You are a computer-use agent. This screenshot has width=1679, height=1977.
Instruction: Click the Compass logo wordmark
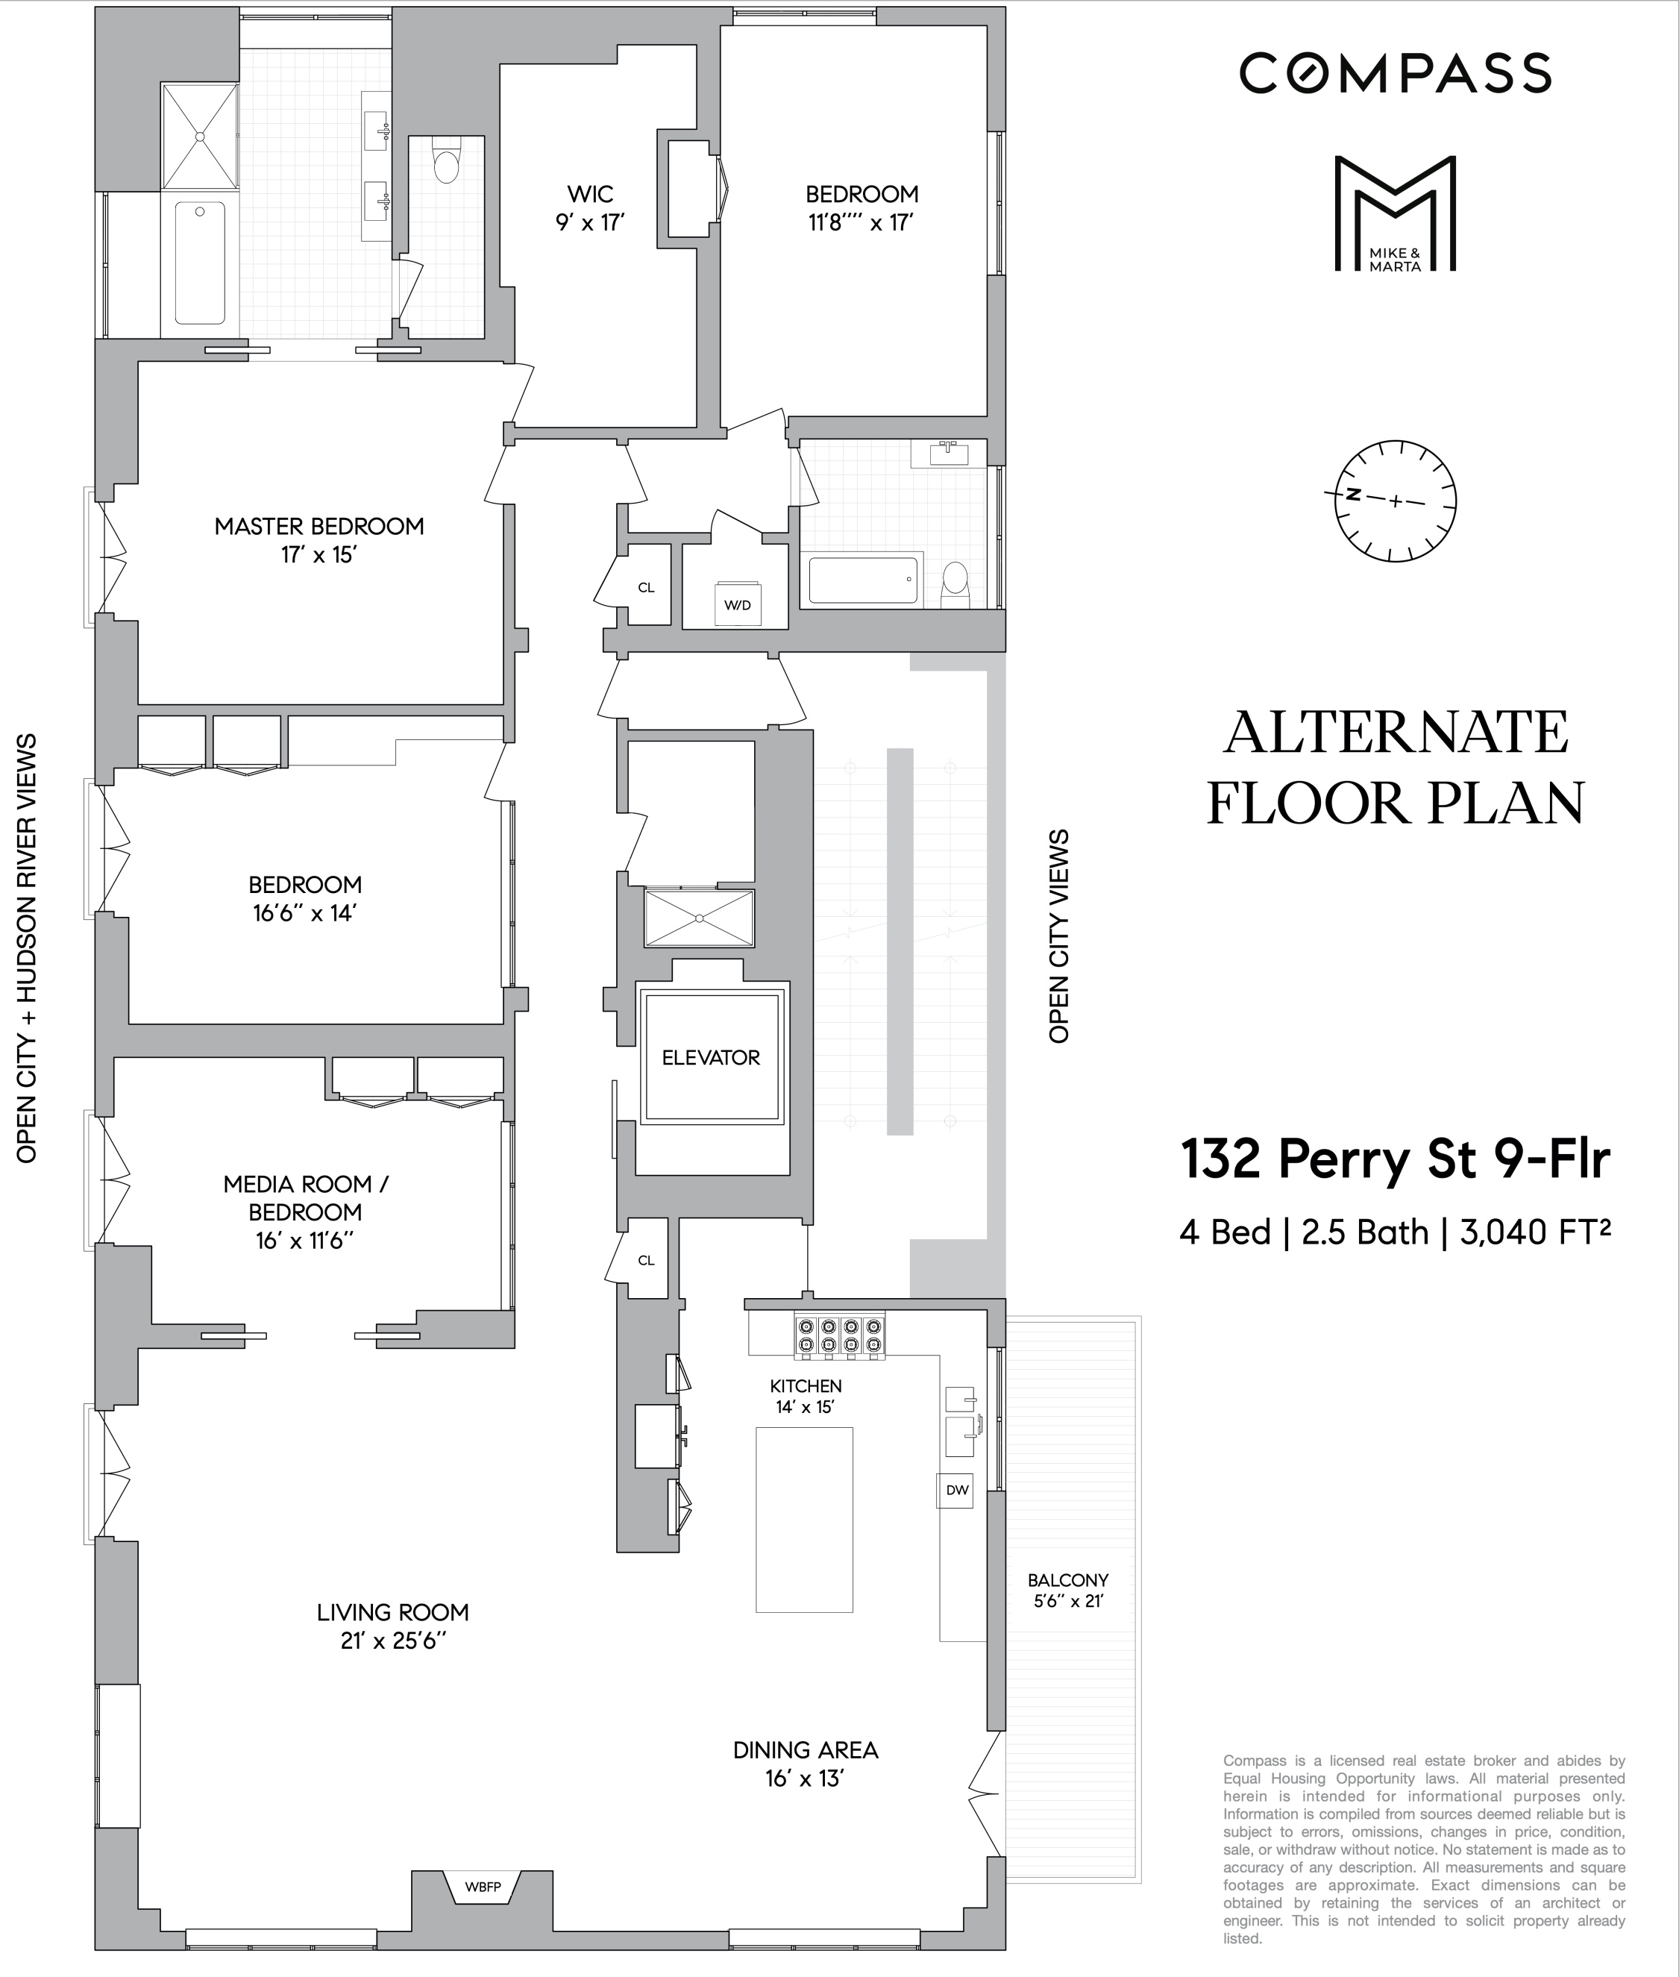click(x=1394, y=73)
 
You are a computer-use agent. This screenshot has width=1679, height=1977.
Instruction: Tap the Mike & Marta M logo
click(x=1394, y=214)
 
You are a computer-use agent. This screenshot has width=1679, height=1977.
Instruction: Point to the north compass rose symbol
click(x=1396, y=500)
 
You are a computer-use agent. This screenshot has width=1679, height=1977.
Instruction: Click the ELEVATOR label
click(x=710, y=1058)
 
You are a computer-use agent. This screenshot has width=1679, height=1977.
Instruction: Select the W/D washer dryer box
click(x=738, y=604)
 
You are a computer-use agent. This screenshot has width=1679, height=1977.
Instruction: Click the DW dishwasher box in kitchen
click(x=956, y=1490)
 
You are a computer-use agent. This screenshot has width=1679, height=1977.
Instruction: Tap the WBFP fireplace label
click(x=483, y=1887)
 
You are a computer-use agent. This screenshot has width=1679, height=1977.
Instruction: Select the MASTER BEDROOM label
click(x=318, y=527)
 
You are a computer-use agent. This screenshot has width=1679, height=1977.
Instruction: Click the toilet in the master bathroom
click(x=446, y=163)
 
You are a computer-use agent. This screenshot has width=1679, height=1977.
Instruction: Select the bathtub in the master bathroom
click(x=200, y=262)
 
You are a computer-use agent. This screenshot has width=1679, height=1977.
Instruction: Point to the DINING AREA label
click(x=806, y=1749)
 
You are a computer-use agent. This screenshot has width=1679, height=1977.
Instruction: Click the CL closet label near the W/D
click(x=646, y=588)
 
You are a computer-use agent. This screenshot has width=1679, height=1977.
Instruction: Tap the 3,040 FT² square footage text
click(x=1534, y=1232)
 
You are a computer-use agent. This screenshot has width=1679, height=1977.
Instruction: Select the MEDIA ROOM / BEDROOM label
click(x=306, y=1197)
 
